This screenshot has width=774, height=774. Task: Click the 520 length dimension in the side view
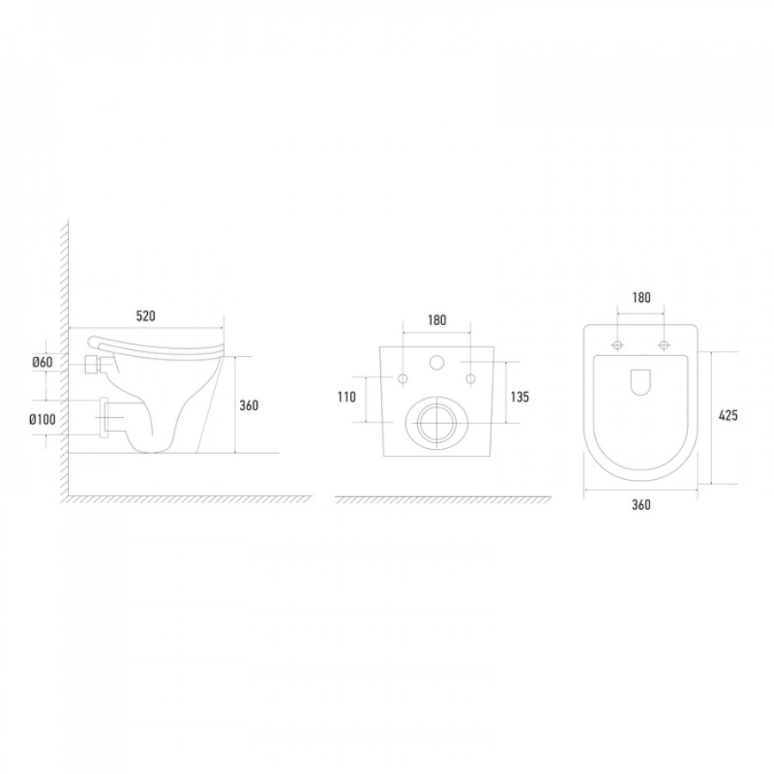pos(145,316)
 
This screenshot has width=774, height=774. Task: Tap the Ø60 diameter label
pos(42,362)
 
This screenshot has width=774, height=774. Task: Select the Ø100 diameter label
pos(42,420)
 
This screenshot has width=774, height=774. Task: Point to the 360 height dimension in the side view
pos(249,405)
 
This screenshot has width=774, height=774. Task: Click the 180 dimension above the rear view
pos(437,321)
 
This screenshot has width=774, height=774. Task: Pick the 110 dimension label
pos(347,396)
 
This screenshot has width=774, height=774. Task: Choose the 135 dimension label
pos(519,396)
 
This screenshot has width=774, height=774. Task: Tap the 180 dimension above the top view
pos(641,298)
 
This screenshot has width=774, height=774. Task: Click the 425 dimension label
pos(728,415)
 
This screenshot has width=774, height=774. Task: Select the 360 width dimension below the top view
pos(641,505)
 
